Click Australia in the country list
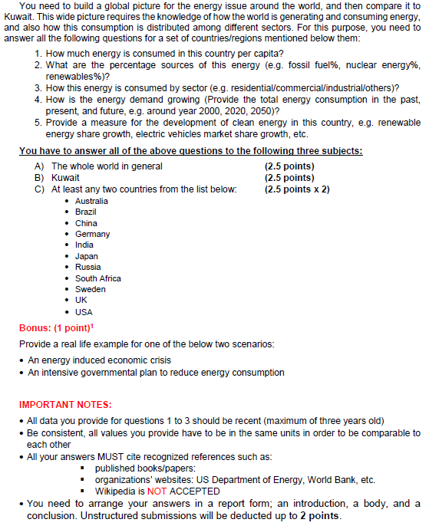[91, 201]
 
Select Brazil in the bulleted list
[85, 212]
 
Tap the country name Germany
[92, 234]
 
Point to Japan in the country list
[86, 256]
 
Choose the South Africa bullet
[97, 278]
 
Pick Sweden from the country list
[90, 289]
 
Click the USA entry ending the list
[84, 311]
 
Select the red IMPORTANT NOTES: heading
[65, 404]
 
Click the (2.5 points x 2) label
[296, 189]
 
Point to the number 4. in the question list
[40, 100]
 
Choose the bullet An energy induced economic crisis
[100, 360]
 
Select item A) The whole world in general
[98, 166]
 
